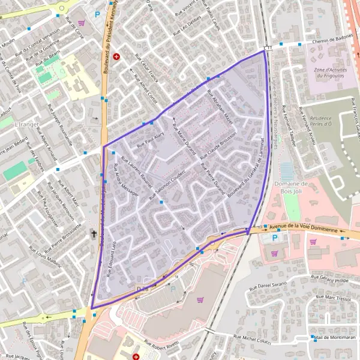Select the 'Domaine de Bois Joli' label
coord(290,188)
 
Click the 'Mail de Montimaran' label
coord(335,337)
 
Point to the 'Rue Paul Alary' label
coord(151,141)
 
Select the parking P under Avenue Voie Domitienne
coord(275,238)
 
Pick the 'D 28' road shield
coord(142,289)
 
